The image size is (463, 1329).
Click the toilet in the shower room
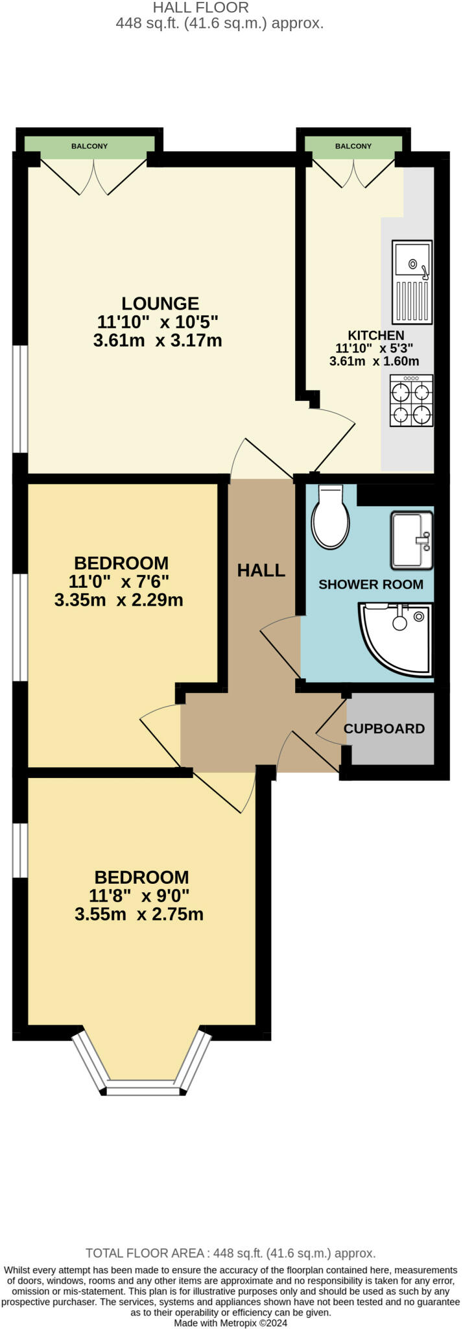coord(331,517)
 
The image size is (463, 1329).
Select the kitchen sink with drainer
coord(412,282)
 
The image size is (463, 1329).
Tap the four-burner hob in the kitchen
coord(411,401)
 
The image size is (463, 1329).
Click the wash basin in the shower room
coord(411,539)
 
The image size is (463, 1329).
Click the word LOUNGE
coord(160,303)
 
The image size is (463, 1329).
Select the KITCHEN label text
coord(376,335)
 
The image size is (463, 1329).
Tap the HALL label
coord(261,570)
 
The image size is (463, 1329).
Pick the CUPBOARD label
coord(384,728)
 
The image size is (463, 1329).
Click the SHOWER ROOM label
coord(370,584)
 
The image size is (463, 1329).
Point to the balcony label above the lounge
coord(89,146)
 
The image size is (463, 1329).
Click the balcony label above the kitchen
coord(353,146)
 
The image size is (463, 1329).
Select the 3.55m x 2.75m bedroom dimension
coord(139,914)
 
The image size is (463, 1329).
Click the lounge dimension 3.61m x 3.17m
coord(158,340)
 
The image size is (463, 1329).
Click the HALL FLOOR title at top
coord(200,8)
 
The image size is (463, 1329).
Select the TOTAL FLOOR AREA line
coord(230,1253)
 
